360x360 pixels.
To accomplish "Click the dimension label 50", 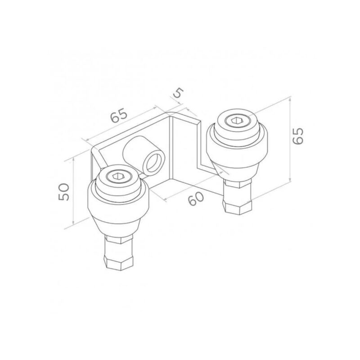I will (x=63, y=192).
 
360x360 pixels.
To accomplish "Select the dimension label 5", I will (x=178, y=93).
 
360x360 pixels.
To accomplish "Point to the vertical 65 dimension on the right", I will (x=298, y=135).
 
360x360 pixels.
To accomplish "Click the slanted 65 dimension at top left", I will (x=118, y=117).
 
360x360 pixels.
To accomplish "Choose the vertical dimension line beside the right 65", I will (x=288, y=140).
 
